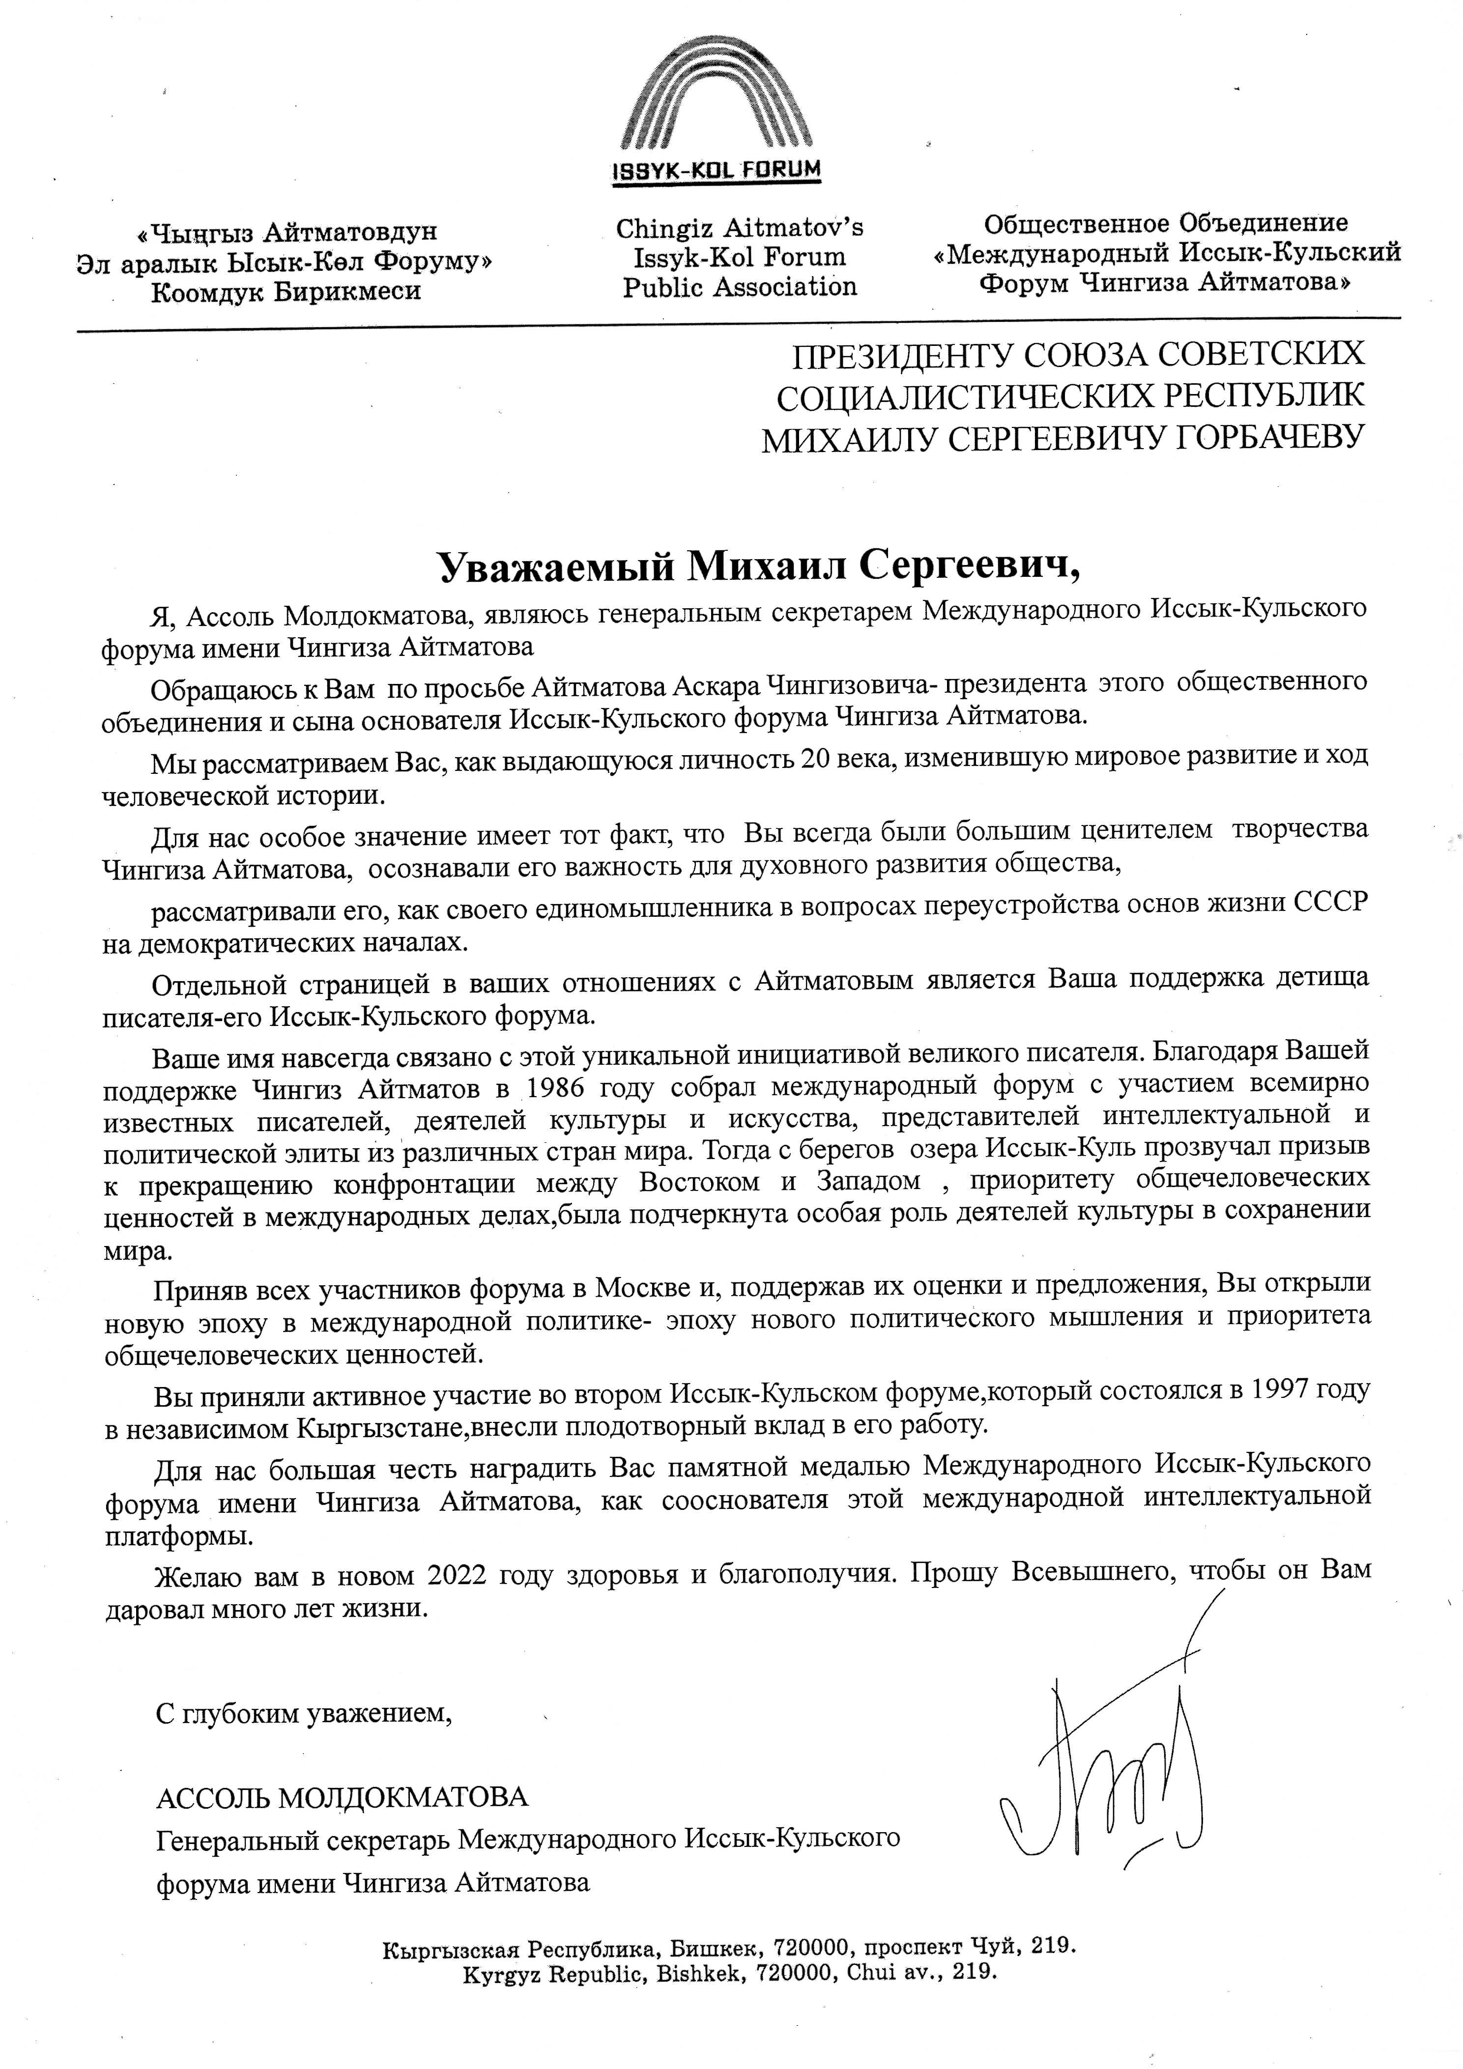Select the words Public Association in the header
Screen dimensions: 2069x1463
pyautogui.click(x=739, y=287)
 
